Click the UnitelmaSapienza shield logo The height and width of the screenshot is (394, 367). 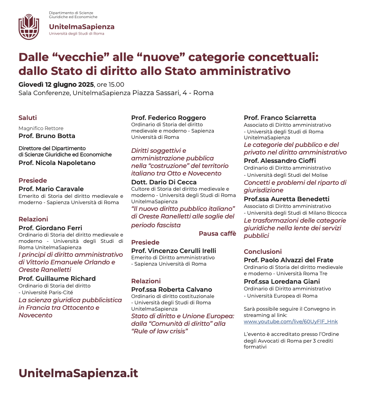click(x=29, y=27)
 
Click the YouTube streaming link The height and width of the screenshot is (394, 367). click(x=291, y=322)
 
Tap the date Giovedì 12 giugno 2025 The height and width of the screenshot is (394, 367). click(x=56, y=85)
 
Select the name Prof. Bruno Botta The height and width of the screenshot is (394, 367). click(x=47, y=136)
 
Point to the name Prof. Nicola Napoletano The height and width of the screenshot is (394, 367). click(x=57, y=163)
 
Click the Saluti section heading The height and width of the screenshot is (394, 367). click(x=28, y=118)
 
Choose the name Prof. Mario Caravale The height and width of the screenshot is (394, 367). click(x=51, y=189)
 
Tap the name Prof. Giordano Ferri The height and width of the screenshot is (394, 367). click(x=50, y=228)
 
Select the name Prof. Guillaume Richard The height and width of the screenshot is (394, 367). click(x=57, y=279)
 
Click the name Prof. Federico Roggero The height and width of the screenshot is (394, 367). click(x=168, y=118)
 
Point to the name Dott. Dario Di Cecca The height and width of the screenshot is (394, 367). click(x=164, y=182)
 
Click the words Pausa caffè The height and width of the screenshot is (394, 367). click(x=217, y=234)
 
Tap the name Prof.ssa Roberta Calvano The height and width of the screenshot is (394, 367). click(x=171, y=290)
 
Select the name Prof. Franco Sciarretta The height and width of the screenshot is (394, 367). click(x=280, y=118)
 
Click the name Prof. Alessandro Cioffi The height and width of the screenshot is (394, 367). click(x=279, y=161)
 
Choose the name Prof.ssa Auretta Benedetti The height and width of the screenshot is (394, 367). click(x=287, y=199)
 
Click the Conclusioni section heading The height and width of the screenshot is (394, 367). click(x=263, y=252)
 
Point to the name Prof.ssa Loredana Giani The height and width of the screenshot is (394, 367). click(x=282, y=282)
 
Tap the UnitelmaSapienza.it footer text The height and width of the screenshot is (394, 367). click(x=78, y=373)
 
